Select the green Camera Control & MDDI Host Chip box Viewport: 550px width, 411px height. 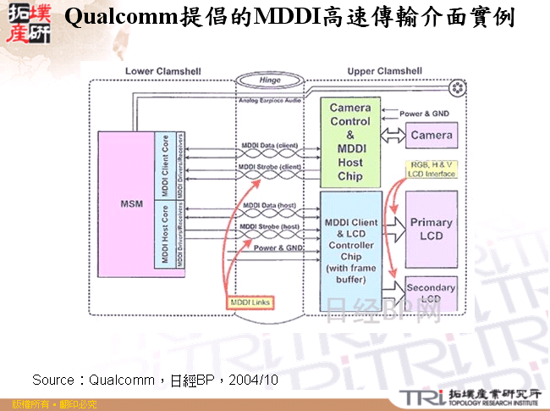[x=349, y=142]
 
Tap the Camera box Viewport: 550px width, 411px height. [x=432, y=135]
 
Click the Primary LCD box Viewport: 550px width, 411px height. [x=432, y=228]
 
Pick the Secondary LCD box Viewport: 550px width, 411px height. [x=432, y=293]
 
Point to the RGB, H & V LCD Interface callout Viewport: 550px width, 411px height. [x=432, y=169]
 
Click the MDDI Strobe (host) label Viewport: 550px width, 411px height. [x=269, y=227]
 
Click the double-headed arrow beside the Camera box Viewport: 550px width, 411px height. [x=391, y=135]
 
